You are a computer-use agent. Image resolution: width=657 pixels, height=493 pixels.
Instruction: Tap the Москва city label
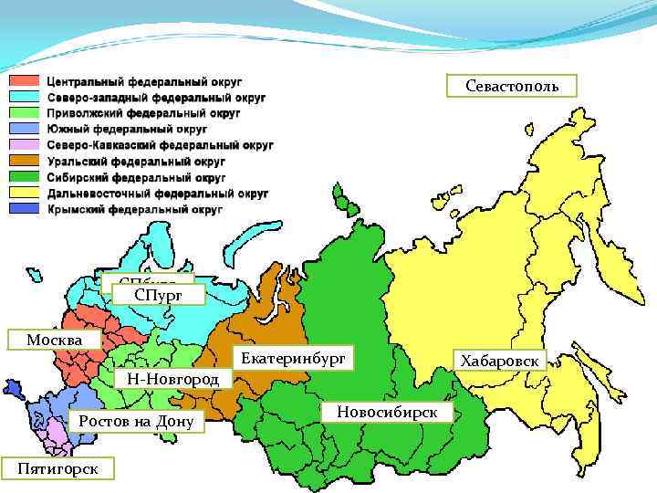(53, 340)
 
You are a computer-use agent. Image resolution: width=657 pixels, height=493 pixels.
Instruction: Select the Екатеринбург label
(293, 360)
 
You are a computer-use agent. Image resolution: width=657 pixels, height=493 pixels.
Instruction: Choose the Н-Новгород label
(172, 378)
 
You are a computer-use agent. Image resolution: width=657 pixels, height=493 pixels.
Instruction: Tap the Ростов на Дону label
(136, 421)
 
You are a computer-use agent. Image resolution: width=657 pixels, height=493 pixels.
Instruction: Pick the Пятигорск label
(58, 467)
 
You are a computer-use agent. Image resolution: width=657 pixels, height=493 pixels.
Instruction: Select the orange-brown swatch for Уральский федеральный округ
(25, 161)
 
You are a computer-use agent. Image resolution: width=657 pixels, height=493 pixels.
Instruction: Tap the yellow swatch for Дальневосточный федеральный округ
(25, 194)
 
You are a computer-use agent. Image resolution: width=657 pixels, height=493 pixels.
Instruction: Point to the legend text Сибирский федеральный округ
(136, 177)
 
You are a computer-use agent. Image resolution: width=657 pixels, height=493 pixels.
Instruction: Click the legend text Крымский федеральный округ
(134, 209)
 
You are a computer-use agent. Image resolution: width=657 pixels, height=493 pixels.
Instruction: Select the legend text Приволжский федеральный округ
(143, 113)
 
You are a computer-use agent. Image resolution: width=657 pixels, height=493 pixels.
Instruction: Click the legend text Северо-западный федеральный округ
(156, 97)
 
